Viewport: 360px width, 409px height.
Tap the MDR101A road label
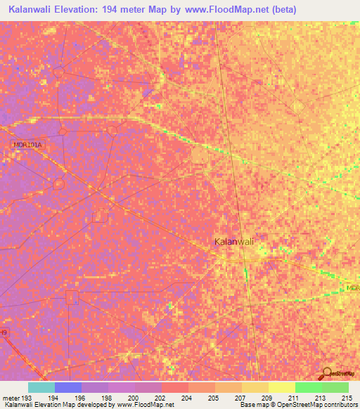28,145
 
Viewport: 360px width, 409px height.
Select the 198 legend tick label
108,397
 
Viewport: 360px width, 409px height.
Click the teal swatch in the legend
41,387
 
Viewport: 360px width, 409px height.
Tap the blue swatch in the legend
67,387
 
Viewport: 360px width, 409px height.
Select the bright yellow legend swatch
281,387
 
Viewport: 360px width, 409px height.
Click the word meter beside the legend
13,397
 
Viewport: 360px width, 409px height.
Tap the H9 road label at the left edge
4,331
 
